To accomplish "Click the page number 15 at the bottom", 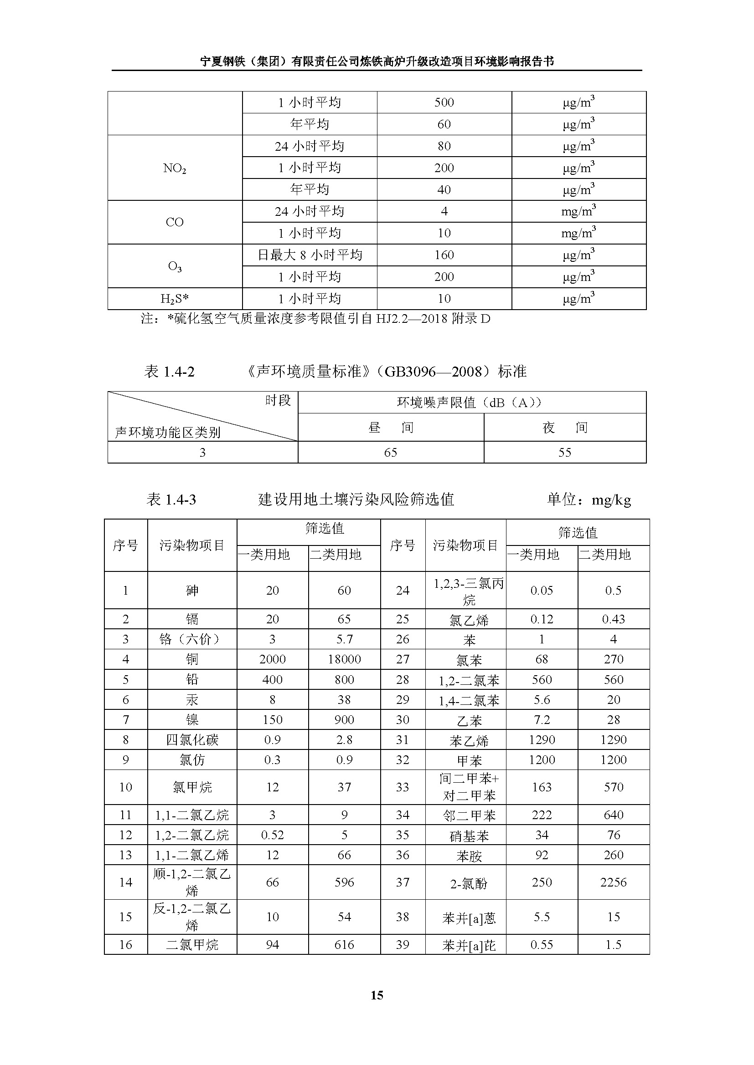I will point(377,995).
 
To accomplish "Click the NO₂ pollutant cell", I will point(175,168).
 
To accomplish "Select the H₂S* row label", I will point(175,299).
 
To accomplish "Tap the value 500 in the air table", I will point(444,102).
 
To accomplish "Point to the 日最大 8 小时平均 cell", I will point(310,255).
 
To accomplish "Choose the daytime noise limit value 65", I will point(391,452).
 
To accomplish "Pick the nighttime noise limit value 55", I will point(564,452).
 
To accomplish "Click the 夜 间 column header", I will point(564,427).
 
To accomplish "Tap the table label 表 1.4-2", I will point(170,372).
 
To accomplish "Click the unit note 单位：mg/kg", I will point(589,499).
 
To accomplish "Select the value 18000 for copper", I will point(344,659).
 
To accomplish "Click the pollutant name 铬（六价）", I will point(192,639).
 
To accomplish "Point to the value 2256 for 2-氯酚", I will point(613,882).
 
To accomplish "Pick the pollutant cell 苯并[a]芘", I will point(469,945).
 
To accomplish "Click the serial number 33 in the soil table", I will point(403,787).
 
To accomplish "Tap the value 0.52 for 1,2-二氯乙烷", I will point(272,835).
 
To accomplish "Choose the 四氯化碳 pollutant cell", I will point(192,740).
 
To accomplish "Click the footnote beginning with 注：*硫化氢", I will point(316,319).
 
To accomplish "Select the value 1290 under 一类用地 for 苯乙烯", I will point(542,740).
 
